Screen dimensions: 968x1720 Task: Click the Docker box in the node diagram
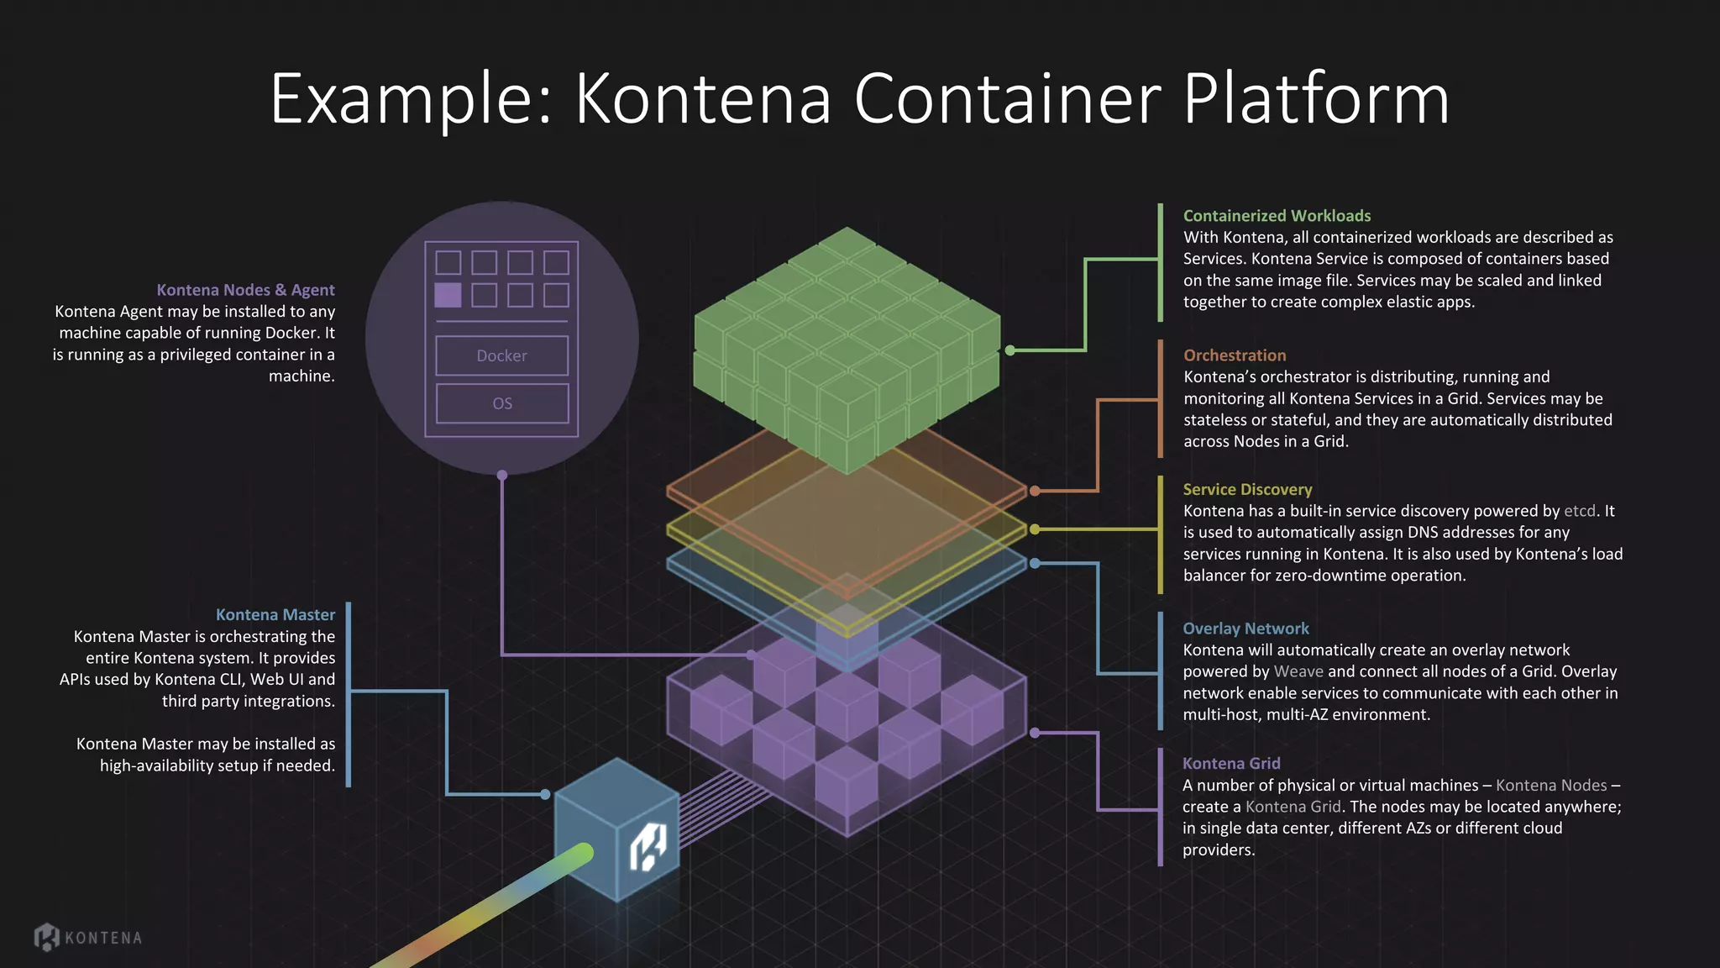(501, 355)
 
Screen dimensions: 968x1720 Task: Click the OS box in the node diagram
(501, 403)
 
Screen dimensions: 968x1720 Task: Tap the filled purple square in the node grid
(448, 295)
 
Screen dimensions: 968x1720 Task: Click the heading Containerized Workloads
(1277, 216)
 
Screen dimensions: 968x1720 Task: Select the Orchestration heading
(1234, 355)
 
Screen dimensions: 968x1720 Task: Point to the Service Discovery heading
(1246, 489)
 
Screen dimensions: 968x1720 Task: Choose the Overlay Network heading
(1245, 629)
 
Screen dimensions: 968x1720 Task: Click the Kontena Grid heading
(1231, 763)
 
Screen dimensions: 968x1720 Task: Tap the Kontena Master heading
(275, 615)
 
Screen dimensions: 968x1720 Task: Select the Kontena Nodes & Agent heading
(245, 290)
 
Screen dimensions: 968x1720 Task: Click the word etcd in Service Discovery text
(1579, 511)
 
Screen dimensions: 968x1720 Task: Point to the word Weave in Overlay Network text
(1298, 671)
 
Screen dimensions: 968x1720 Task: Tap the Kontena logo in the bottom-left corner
(87, 937)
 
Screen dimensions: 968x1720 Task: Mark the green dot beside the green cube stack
(1010, 350)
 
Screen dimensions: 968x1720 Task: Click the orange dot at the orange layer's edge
(1035, 491)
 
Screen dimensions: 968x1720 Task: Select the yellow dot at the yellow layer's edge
(1035, 529)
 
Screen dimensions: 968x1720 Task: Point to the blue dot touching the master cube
(545, 794)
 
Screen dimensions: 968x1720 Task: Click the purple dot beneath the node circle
(502, 476)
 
